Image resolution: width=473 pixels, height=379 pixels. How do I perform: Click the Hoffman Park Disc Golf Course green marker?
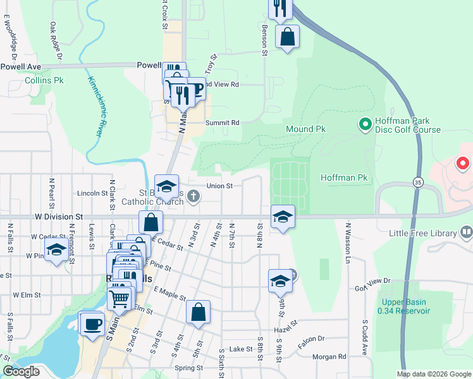tap(365, 124)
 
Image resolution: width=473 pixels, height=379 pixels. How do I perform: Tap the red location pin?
tap(463, 164)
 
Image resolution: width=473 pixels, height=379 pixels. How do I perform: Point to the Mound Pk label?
tap(305, 129)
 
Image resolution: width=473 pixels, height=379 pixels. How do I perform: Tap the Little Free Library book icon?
tap(467, 232)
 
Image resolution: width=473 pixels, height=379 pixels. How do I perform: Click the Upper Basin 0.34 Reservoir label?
tap(403, 306)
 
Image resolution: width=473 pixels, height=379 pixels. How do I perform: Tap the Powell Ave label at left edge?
tap(20, 66)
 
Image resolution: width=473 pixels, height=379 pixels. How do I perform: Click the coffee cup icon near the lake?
tap(92, 325)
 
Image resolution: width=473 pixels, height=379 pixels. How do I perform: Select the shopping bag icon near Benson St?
tap(287, 37)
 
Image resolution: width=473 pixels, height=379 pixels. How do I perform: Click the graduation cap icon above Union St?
tap(166, 187)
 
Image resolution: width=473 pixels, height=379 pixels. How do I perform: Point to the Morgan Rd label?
tap(329, 357)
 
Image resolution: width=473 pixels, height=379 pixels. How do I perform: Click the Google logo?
tap(21, 371)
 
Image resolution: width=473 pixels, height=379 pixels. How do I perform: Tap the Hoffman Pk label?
tap(344, 178)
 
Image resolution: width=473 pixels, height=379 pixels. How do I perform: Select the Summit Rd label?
tap(223, 123)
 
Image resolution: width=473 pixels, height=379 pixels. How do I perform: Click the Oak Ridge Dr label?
tap(56, 42)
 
